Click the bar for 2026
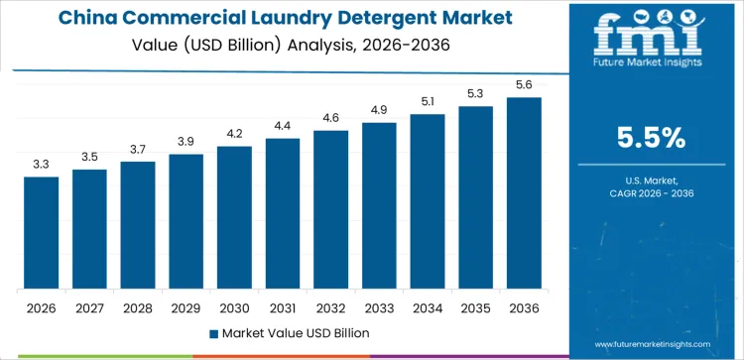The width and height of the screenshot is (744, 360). coord(42,233)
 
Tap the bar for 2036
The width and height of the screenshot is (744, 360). coord(524,193)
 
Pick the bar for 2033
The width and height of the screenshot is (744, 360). coord(379,206)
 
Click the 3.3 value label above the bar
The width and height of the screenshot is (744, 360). coord(42,165)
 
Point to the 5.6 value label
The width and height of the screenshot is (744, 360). coord(524,85)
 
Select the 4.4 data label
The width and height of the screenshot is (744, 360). coord(283,125)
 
